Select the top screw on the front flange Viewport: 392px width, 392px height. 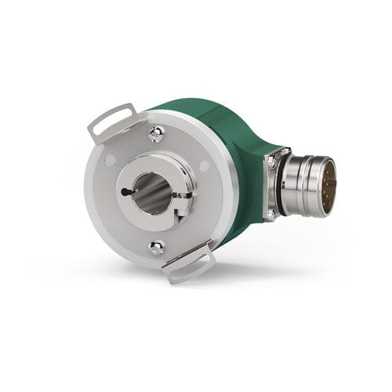[156, 136]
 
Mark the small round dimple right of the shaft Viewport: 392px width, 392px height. [205, 166]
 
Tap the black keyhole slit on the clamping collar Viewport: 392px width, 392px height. [125, 191]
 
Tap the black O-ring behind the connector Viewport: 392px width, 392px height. [279, 191]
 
